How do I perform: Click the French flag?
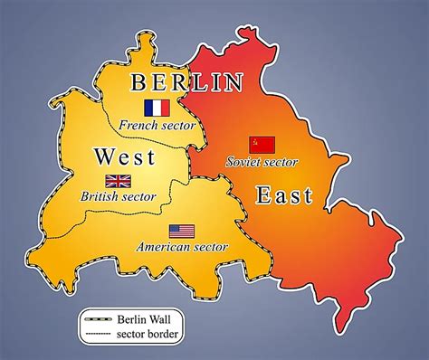[x=157, y=108]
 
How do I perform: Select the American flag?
[x=181, y=231]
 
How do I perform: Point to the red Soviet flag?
[x=262, y=144]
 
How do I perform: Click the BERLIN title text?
[x=187, y=83]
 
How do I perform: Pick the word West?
[x=124, y=157]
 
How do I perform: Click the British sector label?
[x=119, y=196]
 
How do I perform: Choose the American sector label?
[x=181, y=246]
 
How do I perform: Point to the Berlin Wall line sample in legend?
[x=98, y=318]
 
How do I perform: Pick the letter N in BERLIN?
[x=234, y=83]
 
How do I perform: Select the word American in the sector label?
[x=164, y=246]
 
